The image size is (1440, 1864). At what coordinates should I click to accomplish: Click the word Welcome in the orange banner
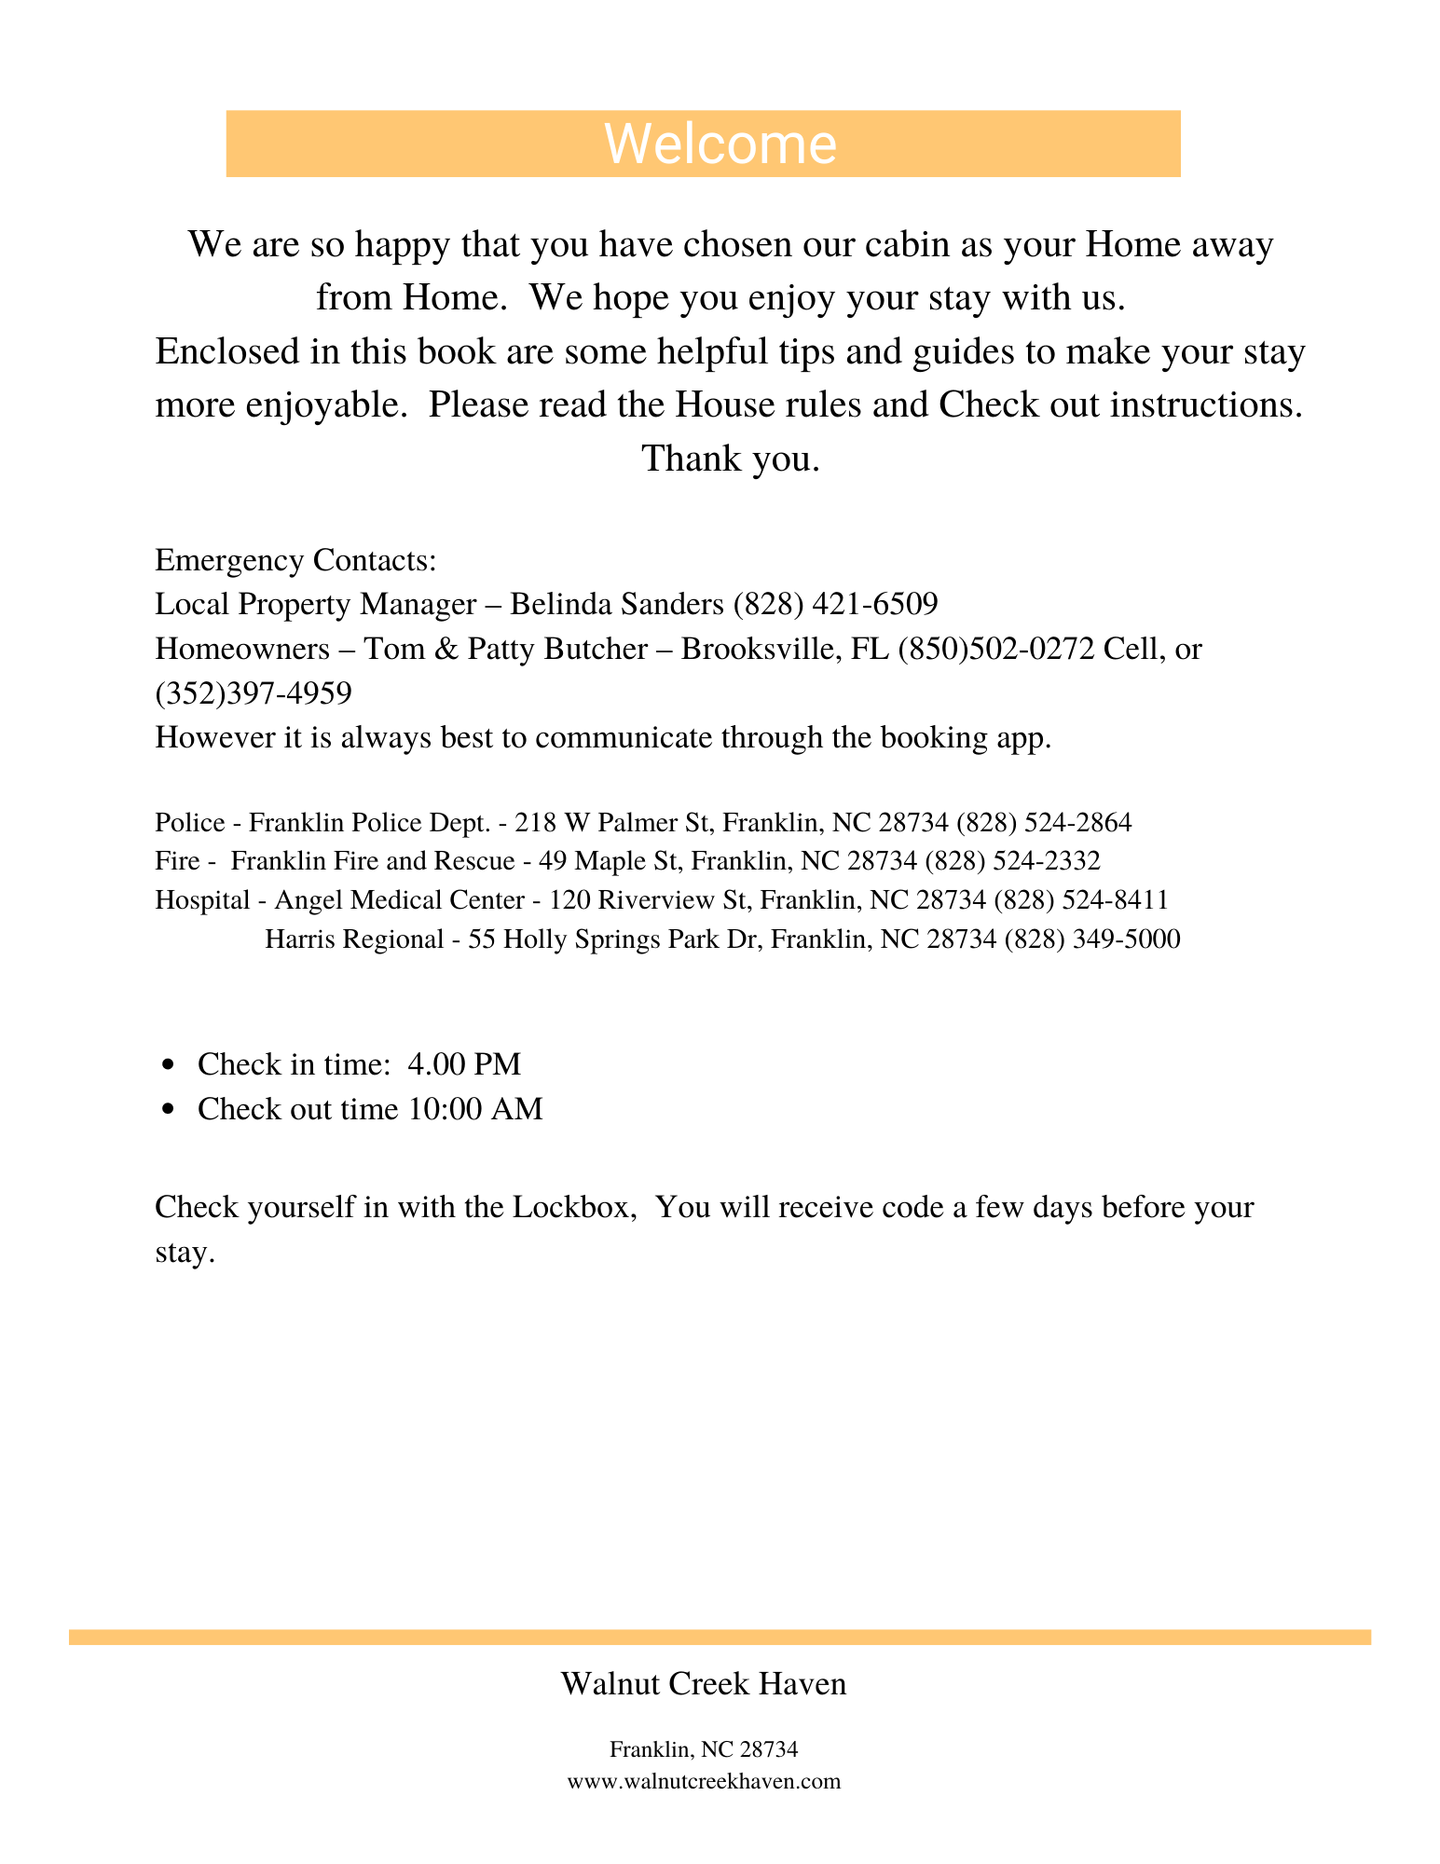coord(720,144)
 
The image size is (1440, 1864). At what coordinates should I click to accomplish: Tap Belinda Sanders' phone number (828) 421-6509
coord(835,604)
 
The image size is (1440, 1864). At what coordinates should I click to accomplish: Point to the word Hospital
coord(202,899)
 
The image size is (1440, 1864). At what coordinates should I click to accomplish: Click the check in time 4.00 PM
coord(464,1063)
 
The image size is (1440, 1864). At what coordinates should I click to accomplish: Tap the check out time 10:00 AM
coord(475,1109)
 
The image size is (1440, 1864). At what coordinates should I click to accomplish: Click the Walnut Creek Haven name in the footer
coord(704,1683)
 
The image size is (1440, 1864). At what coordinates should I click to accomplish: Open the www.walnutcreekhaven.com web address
coord(704,1781)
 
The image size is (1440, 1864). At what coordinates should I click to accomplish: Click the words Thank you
coord(731,459)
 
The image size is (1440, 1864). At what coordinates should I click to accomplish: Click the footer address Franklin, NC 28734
coord(704,1749)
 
